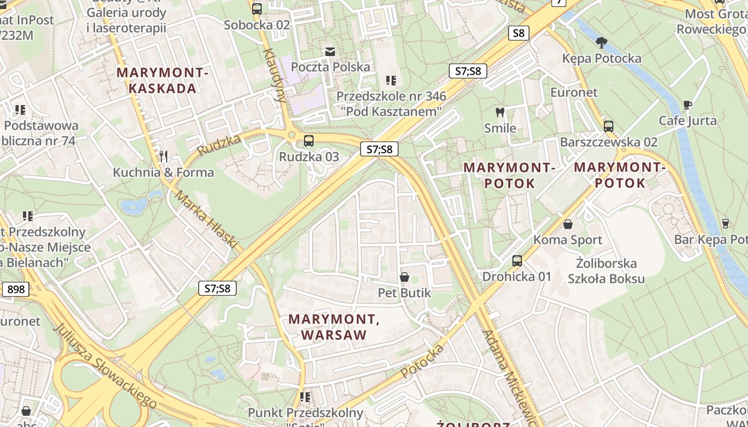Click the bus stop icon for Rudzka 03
pyautogui.click(x=308, y=141)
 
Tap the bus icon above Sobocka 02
pyautogui.click(x=257, y=9)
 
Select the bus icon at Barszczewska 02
pyautogui.click(x=608, y=126)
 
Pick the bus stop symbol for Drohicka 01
pyautogui.click(x=517, y=261)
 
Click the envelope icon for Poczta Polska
pyautogui.click(x=330, y=51)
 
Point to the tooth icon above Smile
pyautogui.click(x=500, y=113)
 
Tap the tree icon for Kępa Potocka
pyautogui.click(x=602, y=42)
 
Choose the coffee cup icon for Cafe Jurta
pyautogui.click(x=687, y=105)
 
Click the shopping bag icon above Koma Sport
pyautogui.click(x=567, y=224)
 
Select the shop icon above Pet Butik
pyautogui.click(x=404, y=277)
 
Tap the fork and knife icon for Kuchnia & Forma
pyautogui.click(x=163, y=156)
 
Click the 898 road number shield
pyautogui.click(x=16, y=289)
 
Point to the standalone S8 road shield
pyautogui.click(x=518, y=33)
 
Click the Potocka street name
pyautogui.click(x=422, y=361)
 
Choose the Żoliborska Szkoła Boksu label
pyautogui.click(x=606, y=271)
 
